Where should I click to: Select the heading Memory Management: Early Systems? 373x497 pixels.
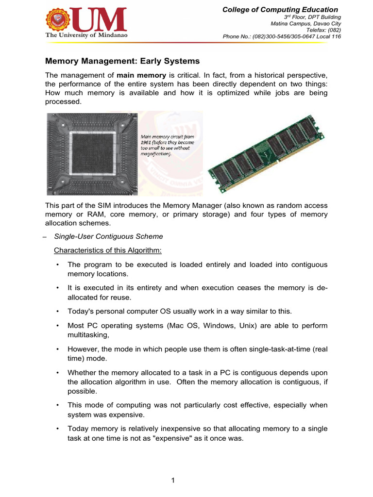click(122, 62)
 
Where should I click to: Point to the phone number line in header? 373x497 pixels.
click(282, 36)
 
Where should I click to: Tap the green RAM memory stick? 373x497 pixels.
click(264, 153)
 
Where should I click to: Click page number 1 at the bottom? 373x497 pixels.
click(172, 480)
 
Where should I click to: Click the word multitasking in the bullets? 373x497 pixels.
click(86, 334)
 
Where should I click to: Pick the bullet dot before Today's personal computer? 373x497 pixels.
click(57, 310)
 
